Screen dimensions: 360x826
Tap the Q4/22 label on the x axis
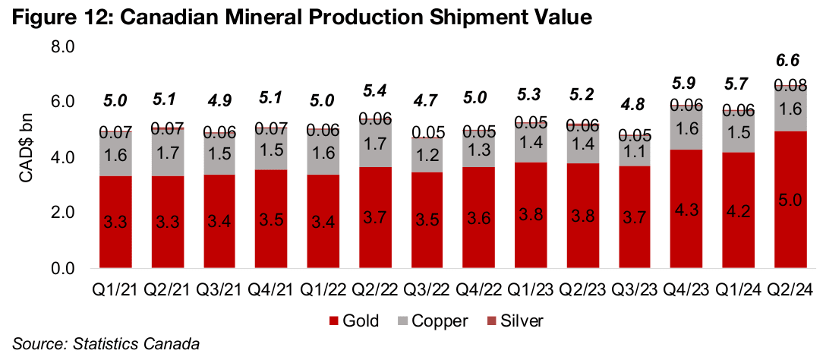pyautogui.click(x=430, y=291)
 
